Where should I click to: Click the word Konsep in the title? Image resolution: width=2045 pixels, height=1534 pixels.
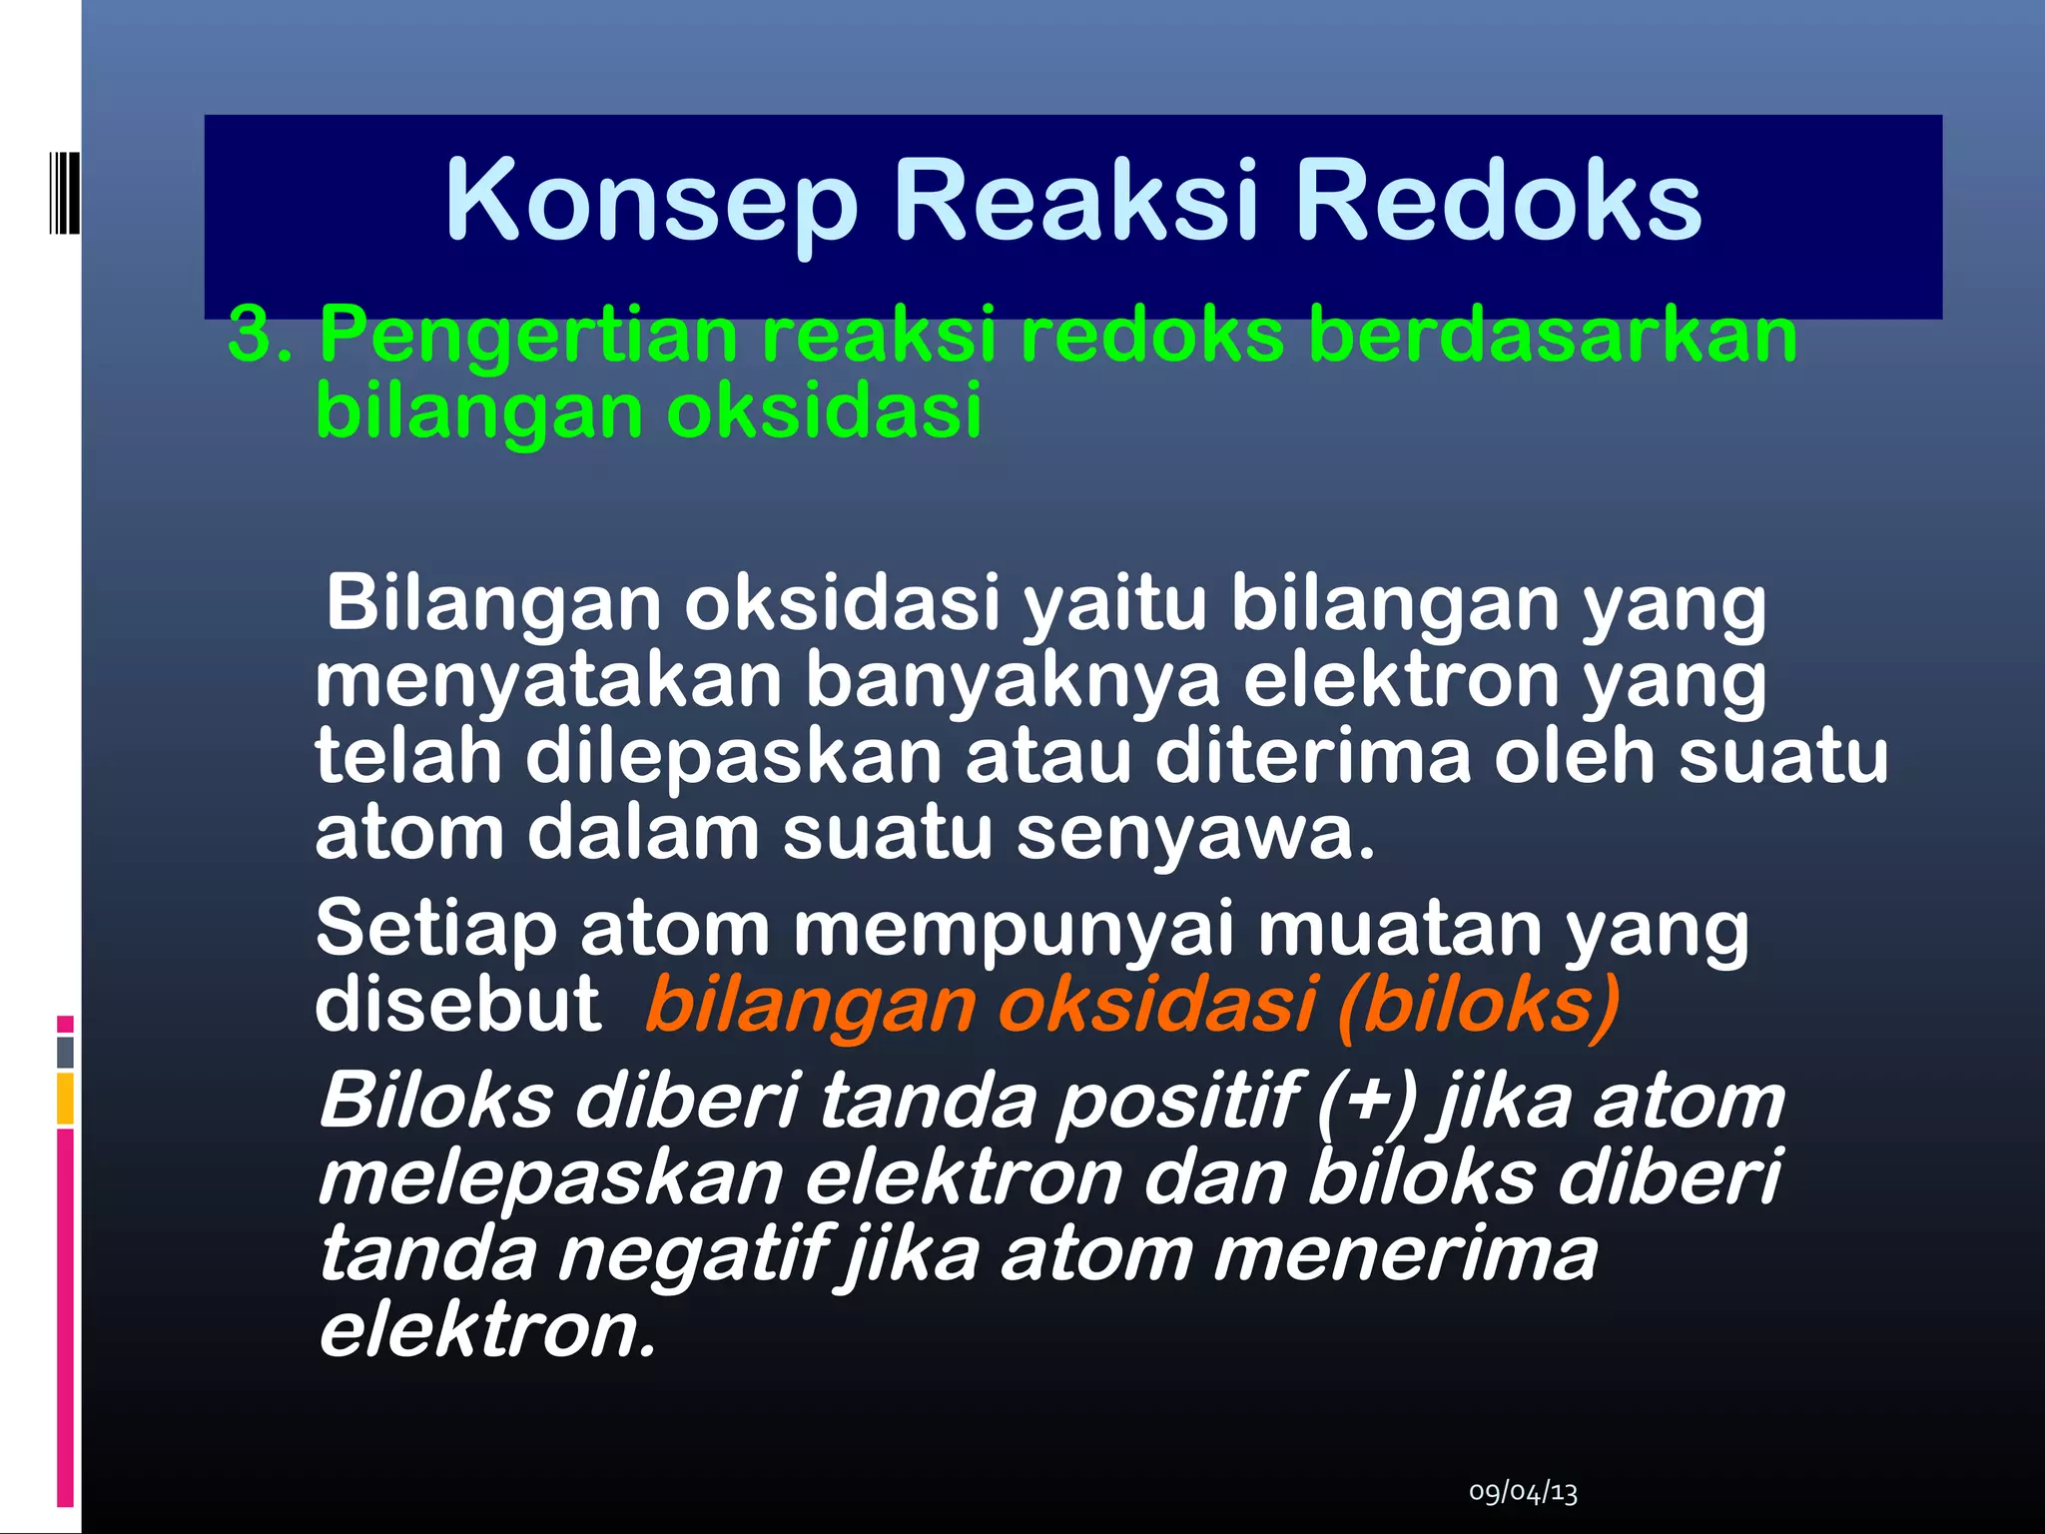coord(650,203)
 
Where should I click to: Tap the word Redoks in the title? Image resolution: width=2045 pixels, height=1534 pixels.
coord(1498,203)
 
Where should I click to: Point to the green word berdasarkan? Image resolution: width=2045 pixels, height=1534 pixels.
coord(1553,335)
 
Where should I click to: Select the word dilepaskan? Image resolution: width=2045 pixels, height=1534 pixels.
coord(733,756)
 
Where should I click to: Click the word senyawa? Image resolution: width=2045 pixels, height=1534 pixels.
coord(1194,834)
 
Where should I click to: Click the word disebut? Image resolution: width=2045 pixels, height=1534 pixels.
coord(457,1005)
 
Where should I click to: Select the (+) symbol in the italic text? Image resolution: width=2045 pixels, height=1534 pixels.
coord(1366,1102)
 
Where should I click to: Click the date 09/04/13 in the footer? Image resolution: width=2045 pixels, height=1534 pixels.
coord(1523,1493)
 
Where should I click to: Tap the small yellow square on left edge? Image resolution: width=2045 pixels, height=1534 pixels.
coord(65,1099)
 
